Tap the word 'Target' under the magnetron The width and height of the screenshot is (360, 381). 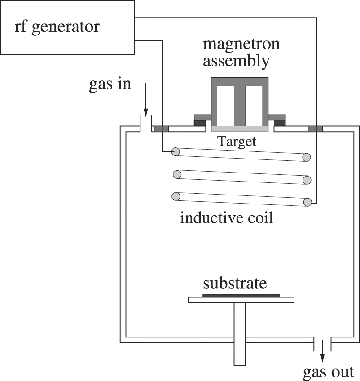point(237,142)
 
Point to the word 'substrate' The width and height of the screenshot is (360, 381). point(235,284)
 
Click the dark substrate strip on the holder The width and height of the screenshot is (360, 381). point(241,295)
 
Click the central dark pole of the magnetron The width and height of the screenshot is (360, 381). point(240,106)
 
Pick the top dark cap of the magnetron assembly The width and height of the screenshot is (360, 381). point(240,81)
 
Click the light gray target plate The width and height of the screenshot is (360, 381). point(240,129)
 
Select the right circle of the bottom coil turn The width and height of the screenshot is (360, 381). point(307,202)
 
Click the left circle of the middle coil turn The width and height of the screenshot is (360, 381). point(177,174)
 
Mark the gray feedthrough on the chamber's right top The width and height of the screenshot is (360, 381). point(315,129)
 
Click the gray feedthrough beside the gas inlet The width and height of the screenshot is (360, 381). point(161,129)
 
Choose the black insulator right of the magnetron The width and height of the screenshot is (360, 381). point(279,123)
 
